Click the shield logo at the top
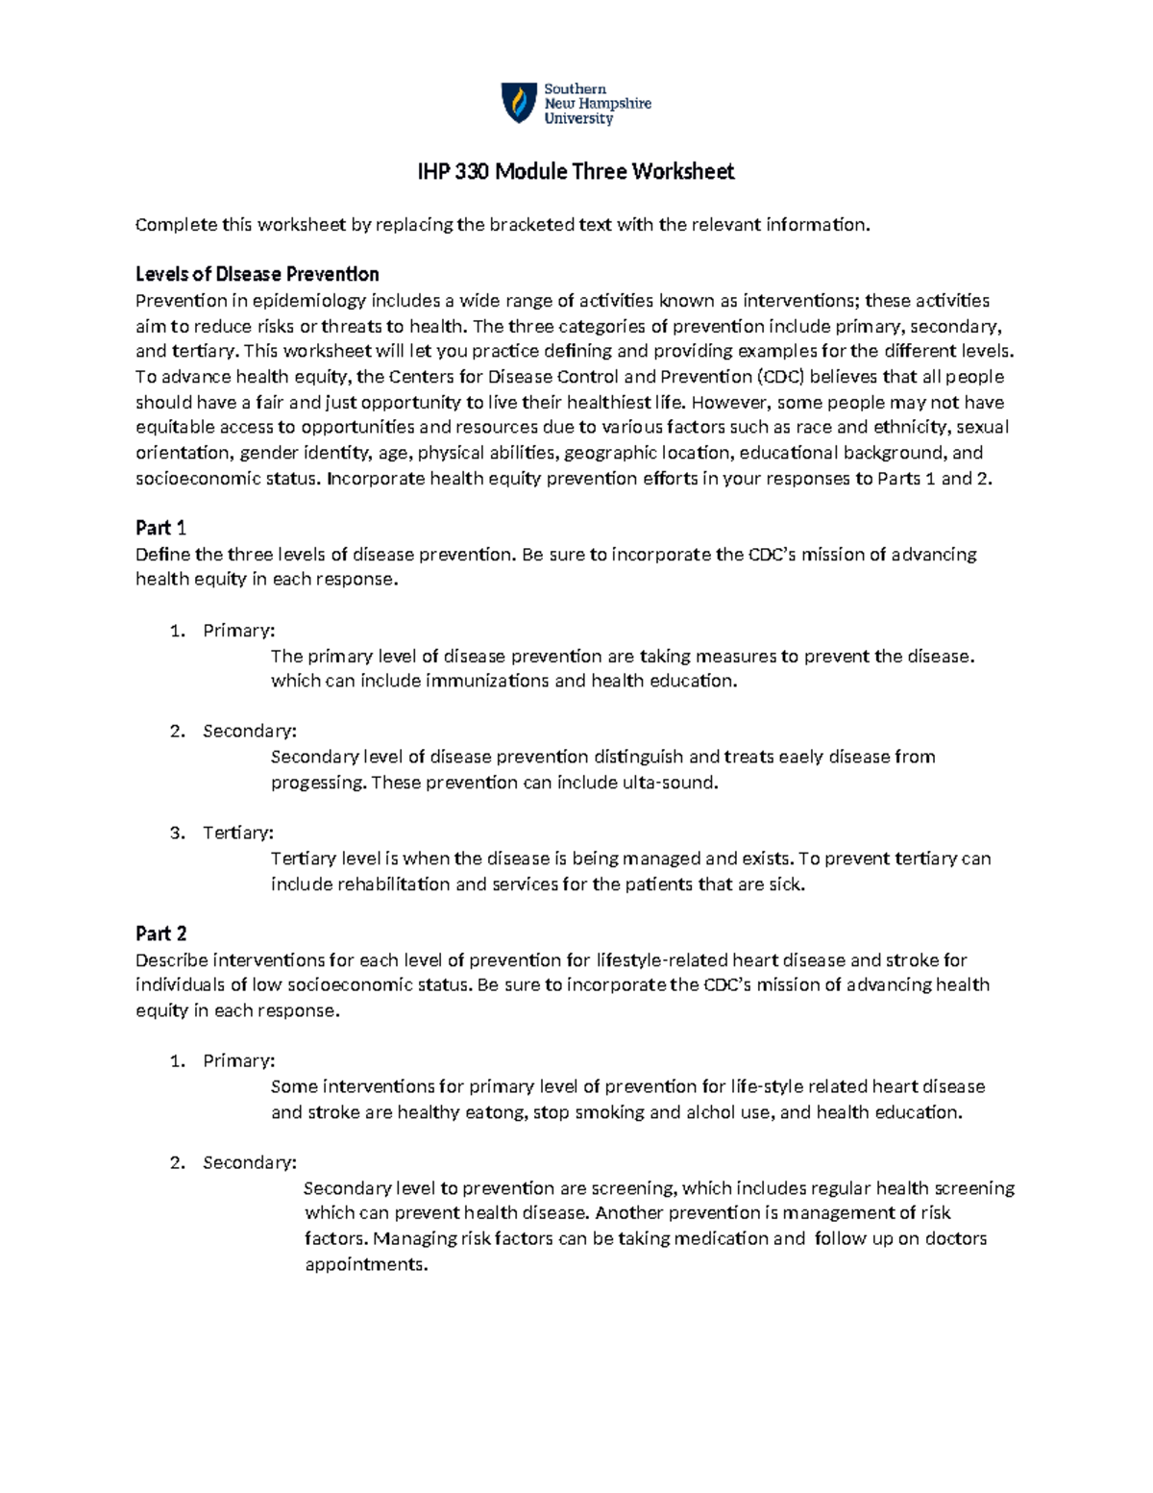[x=519, y=103]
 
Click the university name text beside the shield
[x=597, y=104]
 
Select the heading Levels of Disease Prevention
[x=257, y=274]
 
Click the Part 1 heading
[x=160, y=528]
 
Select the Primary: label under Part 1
[x=238, y=631]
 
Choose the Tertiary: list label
[x=238, y=833]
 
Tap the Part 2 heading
[x=160, y=933]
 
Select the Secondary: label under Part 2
[x=249, y=1162]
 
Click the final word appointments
[x=366, y=1264]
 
